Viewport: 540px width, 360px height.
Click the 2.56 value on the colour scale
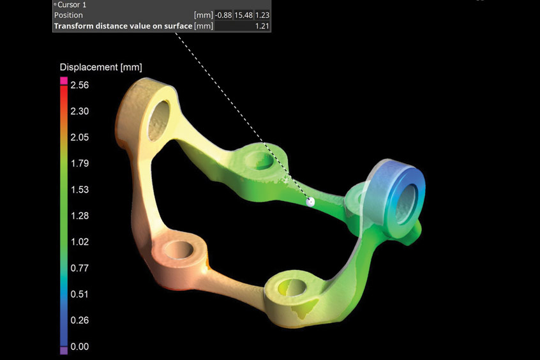point(80,85)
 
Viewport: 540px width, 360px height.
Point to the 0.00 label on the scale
point(80,346)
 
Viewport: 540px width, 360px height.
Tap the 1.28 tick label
point(80,216)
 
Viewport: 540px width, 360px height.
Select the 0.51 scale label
point(80,294)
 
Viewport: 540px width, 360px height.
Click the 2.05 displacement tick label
point(80,137)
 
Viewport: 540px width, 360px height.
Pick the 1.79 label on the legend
point(80,163)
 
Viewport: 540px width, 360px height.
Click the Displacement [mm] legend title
point(101,67)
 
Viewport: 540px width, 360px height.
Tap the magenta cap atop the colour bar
point(64,80)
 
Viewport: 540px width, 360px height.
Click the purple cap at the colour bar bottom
point(64,350)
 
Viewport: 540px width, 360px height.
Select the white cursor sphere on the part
point(310,202)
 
